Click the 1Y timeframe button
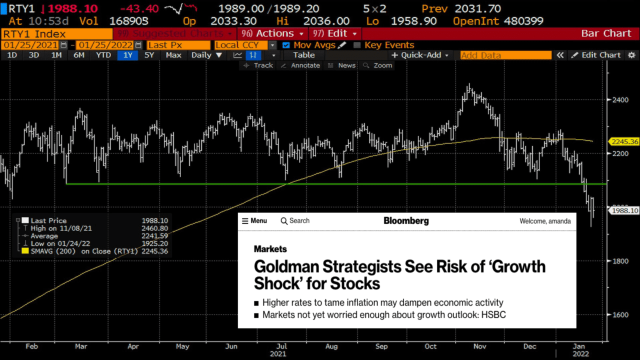point(127,55)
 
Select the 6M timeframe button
point(78,55)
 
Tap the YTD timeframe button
point(103,55)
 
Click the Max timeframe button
point(173,55)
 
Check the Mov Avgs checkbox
point(286,45)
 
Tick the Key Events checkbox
point(357,45)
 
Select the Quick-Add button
point(420,55)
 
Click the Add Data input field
point(505,55)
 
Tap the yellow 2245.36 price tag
point(624,141)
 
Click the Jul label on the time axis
point(282,346)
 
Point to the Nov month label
point(480,346)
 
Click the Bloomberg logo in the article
point(406,220)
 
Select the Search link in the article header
point(295,220)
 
